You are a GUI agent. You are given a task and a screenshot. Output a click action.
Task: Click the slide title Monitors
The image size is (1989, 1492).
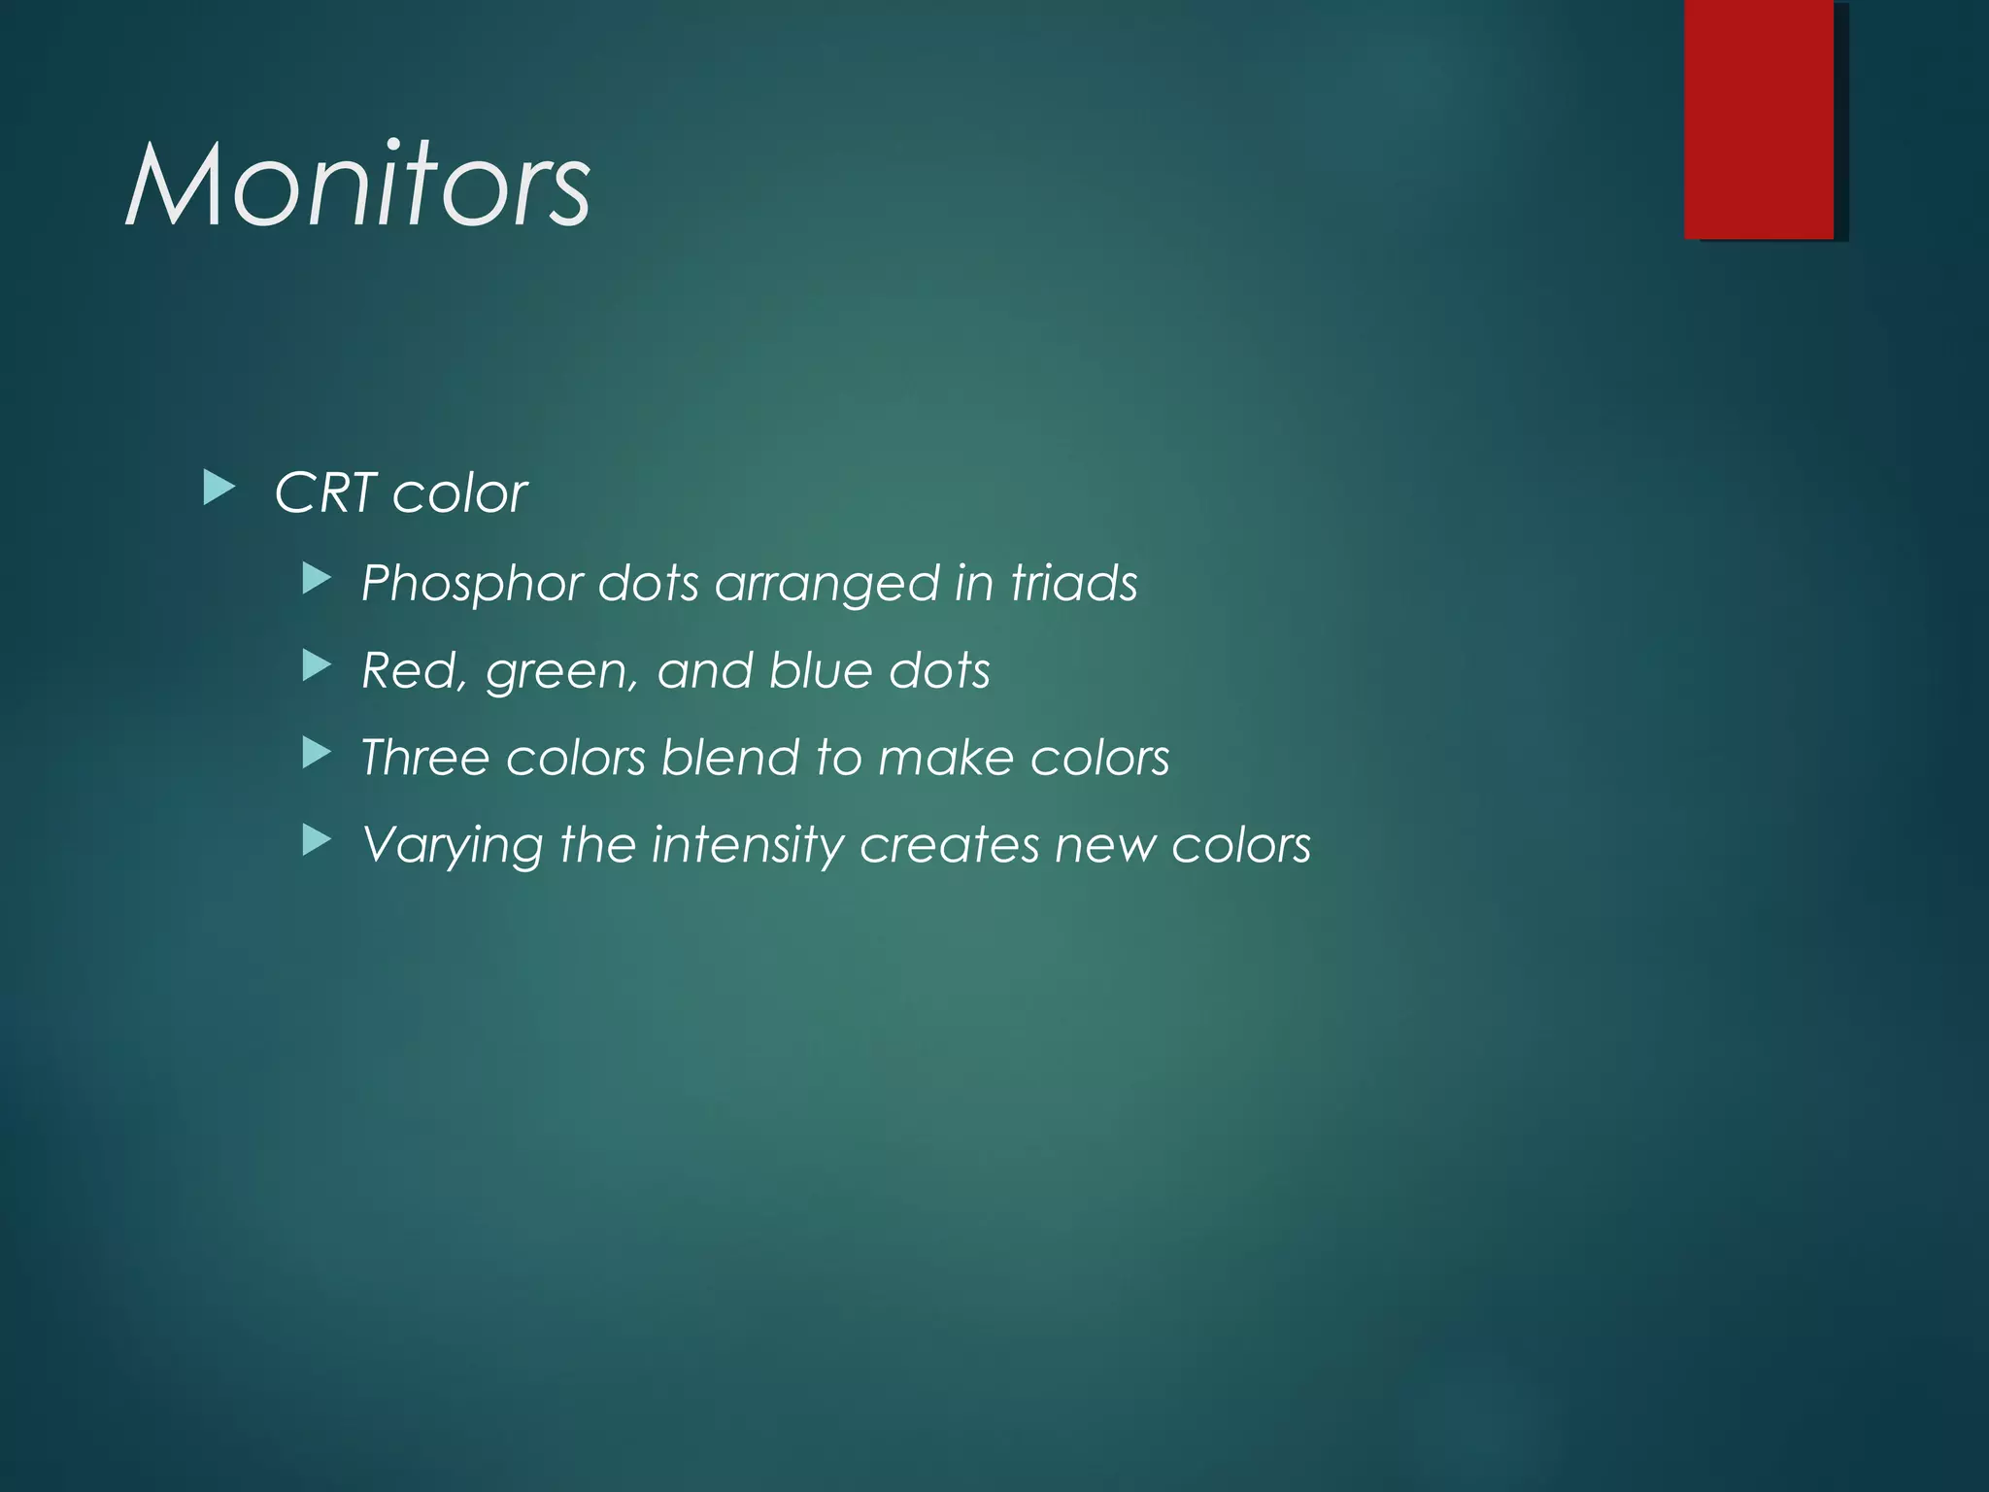pos(357,185)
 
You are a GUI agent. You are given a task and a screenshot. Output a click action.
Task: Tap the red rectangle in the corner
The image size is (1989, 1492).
pos(1759,119)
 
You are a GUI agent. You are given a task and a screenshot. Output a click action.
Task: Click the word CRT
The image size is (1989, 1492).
pos(324,493)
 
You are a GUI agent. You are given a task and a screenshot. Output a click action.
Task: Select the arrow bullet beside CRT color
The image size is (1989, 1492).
pos(219,489)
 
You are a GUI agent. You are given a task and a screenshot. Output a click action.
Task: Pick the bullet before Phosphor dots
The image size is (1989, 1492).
pos(317,580)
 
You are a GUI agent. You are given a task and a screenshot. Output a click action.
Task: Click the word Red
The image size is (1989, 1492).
pos(407,671)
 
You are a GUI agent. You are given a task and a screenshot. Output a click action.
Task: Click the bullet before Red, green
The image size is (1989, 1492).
pos(317,666)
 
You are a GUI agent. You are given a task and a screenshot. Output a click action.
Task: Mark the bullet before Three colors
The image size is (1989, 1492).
pos(317,753)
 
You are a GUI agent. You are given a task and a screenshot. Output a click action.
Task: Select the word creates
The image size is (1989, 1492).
pos(950,845)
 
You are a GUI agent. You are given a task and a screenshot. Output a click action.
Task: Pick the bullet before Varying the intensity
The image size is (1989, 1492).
pos(317,840)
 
